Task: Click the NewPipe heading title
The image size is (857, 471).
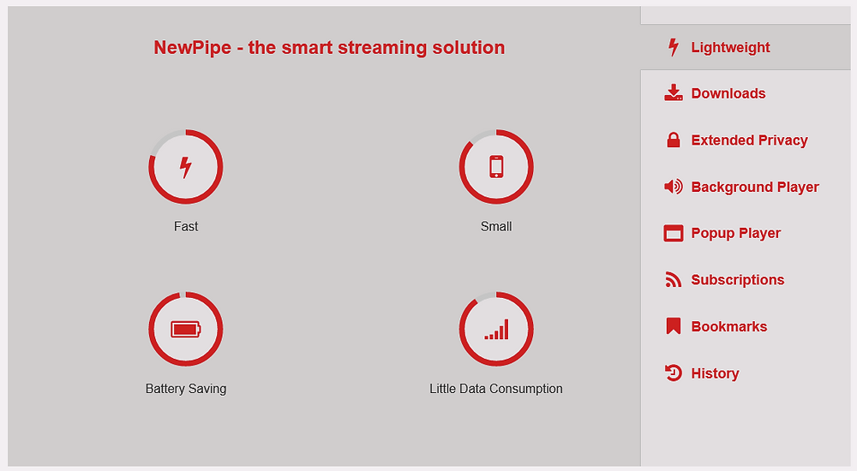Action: [329, 48]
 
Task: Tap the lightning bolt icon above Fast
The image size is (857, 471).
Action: [186, 167]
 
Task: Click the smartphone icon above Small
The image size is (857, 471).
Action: [496, 167]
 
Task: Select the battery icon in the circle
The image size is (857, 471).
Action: [186, 329]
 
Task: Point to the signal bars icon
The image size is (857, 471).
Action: [496, 329]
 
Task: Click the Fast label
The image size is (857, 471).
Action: [186, 226]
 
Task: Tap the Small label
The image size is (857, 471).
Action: [496, 226]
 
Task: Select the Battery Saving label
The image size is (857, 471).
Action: [186, 389]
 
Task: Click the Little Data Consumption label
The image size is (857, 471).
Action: [496, 389]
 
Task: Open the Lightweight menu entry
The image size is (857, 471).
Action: [730, 48]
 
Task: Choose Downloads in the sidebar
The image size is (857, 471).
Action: [728, 93]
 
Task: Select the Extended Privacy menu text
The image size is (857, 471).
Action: [749, 140]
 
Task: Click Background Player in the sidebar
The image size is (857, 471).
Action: [755, 187]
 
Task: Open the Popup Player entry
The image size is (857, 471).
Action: [735, 233]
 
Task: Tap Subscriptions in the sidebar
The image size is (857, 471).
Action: [737, 280]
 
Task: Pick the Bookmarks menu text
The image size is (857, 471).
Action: [729, 327]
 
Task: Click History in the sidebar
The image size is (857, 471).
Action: [715, 373]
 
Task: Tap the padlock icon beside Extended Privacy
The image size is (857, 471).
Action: [674, 140]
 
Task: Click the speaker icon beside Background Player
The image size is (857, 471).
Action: [674, 187]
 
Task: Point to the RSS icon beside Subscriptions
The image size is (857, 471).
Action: [674, 280]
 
